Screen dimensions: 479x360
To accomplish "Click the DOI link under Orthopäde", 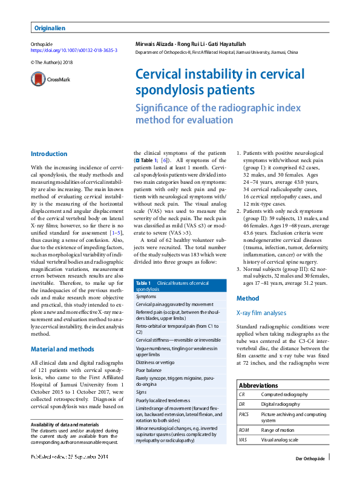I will pos(74,51).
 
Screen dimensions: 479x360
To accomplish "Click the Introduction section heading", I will pos(49,154).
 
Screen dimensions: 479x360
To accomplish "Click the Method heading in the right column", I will pos(247,299).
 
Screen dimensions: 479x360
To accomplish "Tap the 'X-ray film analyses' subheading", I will pos(261,313).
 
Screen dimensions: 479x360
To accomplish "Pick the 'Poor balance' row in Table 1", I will pos(149,369).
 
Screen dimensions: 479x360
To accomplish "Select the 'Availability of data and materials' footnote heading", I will pos(65,424).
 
